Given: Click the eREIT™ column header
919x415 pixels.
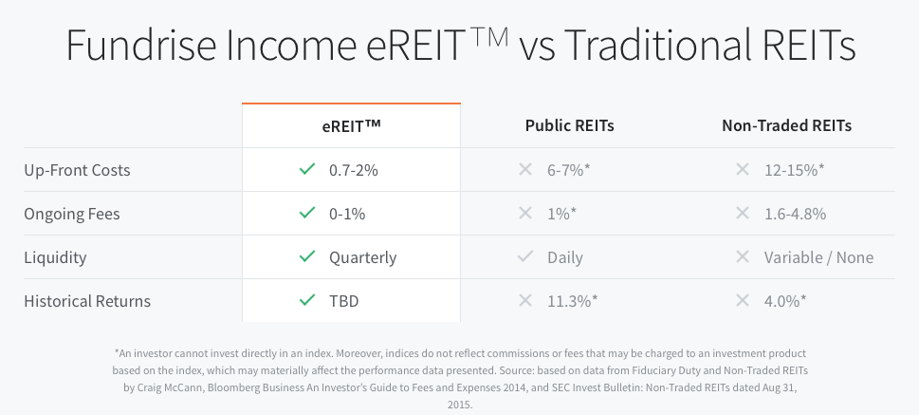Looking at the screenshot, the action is tap(351, 125).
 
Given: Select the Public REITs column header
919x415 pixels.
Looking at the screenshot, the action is tap(570, 125).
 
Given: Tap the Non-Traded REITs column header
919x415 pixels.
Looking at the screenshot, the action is tap(786, 125).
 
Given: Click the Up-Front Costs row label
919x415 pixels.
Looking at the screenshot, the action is tap(77, 170).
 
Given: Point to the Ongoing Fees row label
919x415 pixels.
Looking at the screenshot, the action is tap(71, 214).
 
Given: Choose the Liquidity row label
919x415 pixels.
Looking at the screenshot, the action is tap(55, 257).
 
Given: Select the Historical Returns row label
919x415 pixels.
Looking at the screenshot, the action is tap(87, 301).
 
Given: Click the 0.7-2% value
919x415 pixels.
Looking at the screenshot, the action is tap(354, 170).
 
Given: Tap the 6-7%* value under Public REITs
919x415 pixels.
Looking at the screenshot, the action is tap(568, 170).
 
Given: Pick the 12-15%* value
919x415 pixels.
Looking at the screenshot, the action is tap(794, 170).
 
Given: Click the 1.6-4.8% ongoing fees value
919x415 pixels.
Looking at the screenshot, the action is tap(795, 214).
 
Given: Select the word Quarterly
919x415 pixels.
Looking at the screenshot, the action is tap(363, 257).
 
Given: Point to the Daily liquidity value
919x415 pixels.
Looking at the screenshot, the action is tap(565, 257).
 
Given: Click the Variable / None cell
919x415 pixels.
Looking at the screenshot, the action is tap(818, 257).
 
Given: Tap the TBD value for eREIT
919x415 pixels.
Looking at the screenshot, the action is tap(343, 301).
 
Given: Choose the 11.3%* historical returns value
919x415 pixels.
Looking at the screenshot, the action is tap(573, 301).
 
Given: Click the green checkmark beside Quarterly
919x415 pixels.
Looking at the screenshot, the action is tap(307, 256).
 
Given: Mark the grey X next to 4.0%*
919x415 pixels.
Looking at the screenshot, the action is tap(743, 300).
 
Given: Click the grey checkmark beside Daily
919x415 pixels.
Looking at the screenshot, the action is tap(525, 256).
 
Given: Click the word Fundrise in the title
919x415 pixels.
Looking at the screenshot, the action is tap(139, 45).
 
